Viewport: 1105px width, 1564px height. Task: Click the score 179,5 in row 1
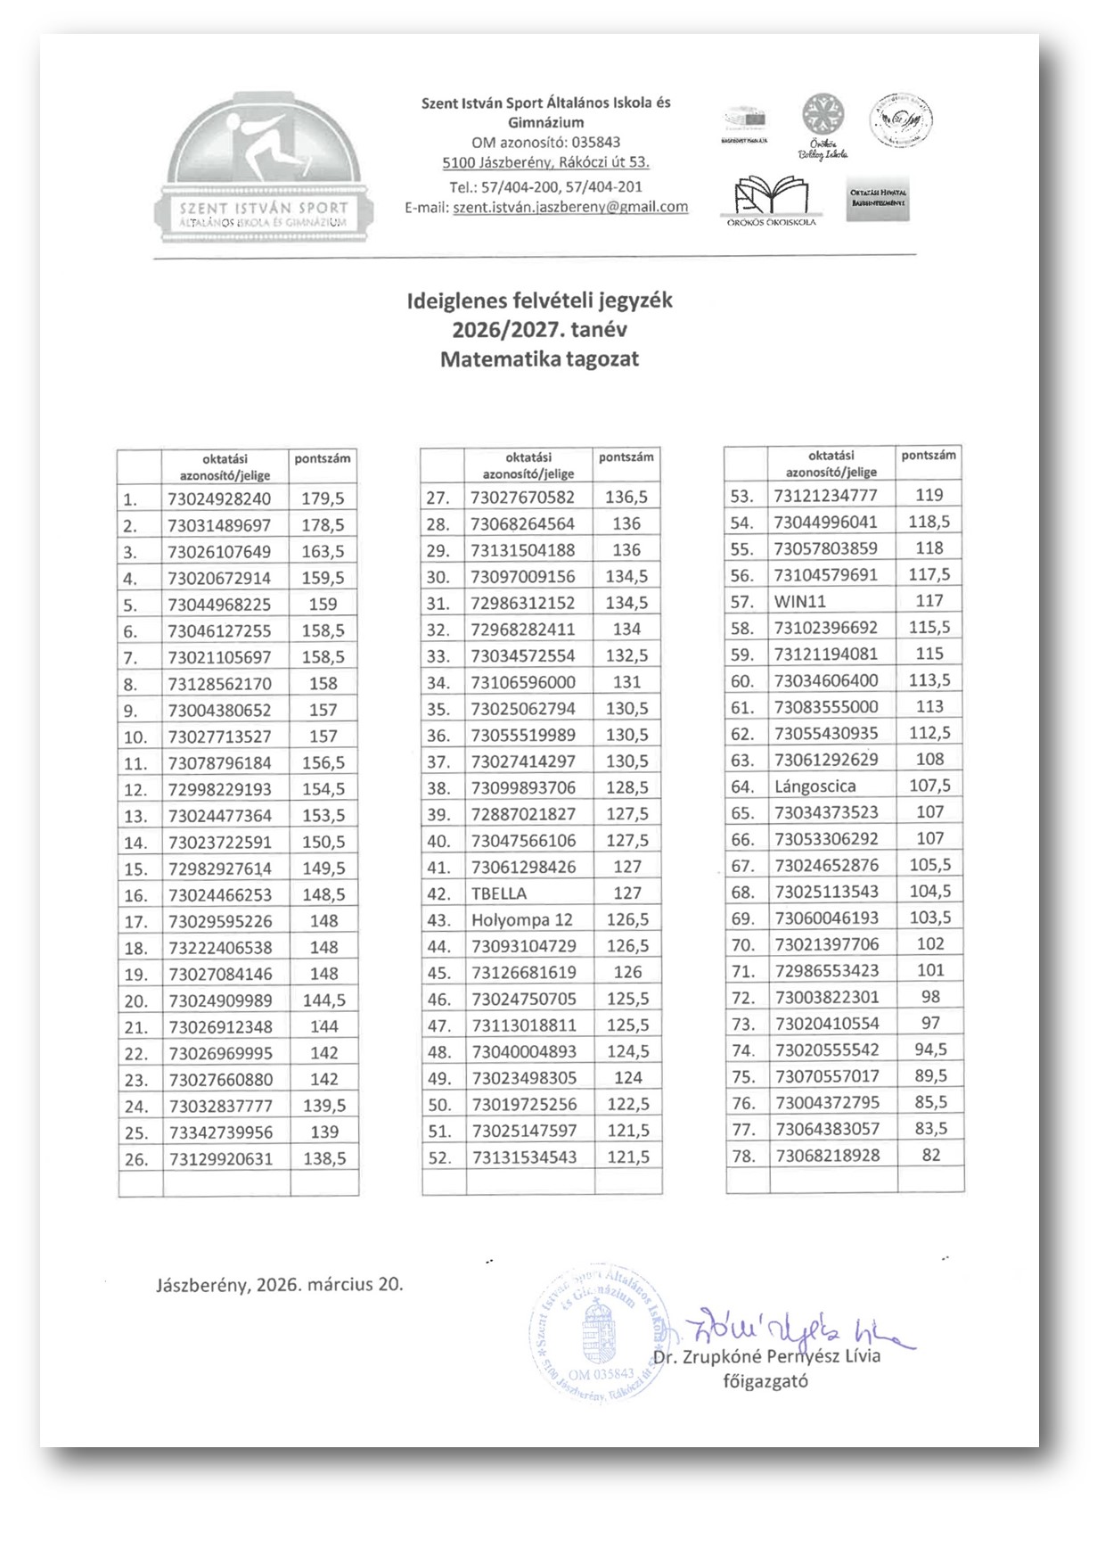pos(323,498)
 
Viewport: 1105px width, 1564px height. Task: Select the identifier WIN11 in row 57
pos(799,601)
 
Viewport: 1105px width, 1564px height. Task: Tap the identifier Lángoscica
pos(814,786)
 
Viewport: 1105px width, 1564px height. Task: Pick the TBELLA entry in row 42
pos(499,893)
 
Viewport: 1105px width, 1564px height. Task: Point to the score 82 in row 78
pos(930,1155)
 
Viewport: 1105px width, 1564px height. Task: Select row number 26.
pos(136,1159)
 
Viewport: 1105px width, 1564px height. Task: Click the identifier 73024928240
pos(219,498)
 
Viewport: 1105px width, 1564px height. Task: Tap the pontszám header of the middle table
pos(626,457)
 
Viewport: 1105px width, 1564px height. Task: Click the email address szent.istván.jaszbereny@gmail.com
pos(570,207)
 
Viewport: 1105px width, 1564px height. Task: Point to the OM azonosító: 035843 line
pos(545,142)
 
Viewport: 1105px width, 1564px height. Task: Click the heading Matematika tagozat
pos(539,359)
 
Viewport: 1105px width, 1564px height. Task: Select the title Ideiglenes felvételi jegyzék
pos(539,300)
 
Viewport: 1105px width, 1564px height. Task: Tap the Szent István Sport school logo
pos(264,169)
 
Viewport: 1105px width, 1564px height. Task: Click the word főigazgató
pos(765,1381)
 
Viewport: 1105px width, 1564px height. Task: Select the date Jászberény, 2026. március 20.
pos(279,1285)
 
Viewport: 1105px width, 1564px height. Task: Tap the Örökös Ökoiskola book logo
pos(771,201)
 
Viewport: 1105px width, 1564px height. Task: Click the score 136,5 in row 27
pos(626,498)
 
